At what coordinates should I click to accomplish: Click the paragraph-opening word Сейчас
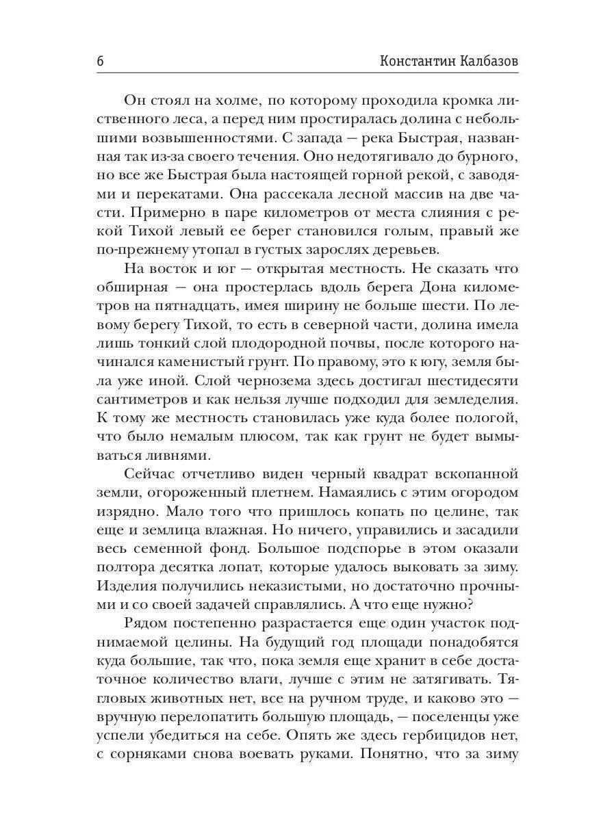click(x=153, y=473)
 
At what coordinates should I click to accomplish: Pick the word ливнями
click(x=134, y=454)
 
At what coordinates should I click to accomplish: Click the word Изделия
click(x=128, y=586)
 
